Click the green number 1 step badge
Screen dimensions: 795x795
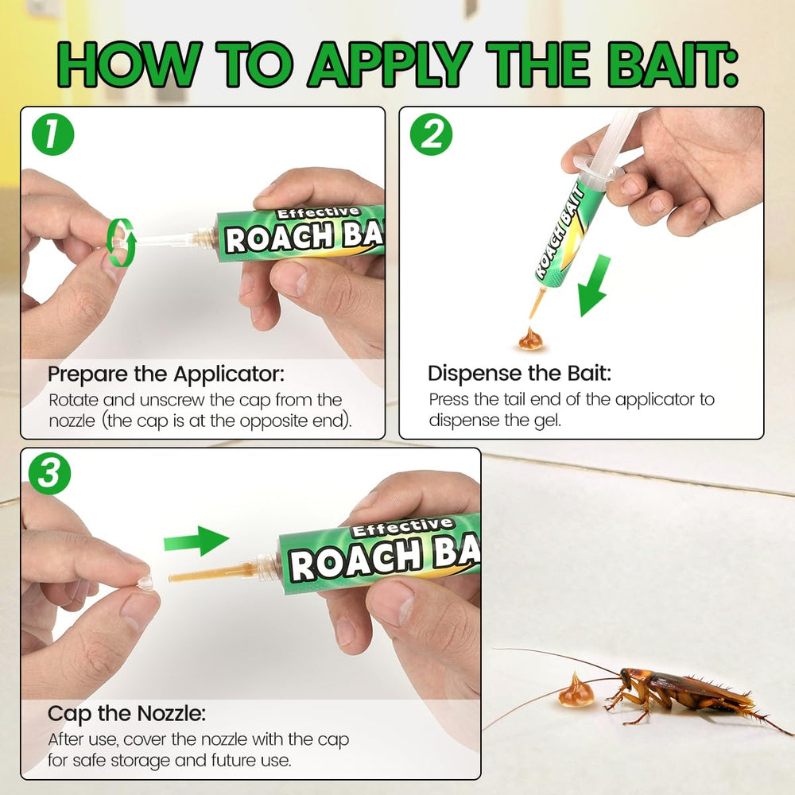(x=52, y=134)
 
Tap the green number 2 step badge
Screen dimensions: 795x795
(x=431, y=134)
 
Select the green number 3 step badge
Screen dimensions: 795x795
(x=49, y=474)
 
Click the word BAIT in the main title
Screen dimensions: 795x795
(x=673, y=64)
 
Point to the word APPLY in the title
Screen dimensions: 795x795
(x=390, y=64)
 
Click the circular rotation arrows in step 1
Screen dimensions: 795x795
(x=121, y=242)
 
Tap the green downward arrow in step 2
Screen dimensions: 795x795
(x=594, y=285)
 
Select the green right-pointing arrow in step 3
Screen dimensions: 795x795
(x=196, y=541)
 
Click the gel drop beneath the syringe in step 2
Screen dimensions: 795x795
(x=531, y=339)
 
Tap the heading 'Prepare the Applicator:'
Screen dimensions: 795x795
(x=166, y=374)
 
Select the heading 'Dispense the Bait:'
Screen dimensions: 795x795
(x=519, y=374)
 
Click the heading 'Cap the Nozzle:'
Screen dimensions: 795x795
(x=126, y=713)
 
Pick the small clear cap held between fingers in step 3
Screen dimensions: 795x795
(x=145, y=583)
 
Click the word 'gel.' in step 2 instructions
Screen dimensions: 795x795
(x=548, y=421)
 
